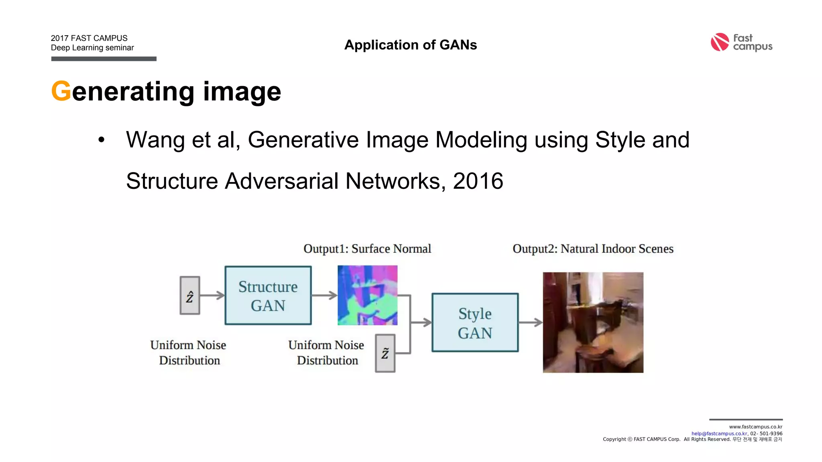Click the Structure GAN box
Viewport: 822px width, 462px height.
click(x=268, y=296)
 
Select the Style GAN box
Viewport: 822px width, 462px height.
click(x=475, y=323)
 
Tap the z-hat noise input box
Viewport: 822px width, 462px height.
click(x=190, y=296)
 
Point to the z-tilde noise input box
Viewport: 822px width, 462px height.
click(x=385, y=353)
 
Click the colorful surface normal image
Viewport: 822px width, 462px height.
click(x=367, y=295)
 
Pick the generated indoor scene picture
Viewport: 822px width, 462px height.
click(x=593, y=322)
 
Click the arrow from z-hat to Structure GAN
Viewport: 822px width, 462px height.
click(x=212, y=296)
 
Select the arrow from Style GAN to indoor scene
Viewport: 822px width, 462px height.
click(x=530, y=322)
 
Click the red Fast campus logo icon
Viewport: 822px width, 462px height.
click(x=720, y=42)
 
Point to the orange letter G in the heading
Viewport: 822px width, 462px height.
click(x=61, y=91)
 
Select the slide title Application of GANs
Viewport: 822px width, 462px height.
click(x=411, y=45)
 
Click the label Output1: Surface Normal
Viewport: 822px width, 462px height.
click(x=367, y=249)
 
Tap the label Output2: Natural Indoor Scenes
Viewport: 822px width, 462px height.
click(x=593, y=249)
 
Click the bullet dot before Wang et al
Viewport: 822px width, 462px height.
click(x=101, y=140)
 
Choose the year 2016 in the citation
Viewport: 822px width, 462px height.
click(x=478, y=181)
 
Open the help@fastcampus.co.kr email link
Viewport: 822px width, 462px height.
click(x=719, y=434)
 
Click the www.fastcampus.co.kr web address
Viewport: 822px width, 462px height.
click(x=755, y=427)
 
